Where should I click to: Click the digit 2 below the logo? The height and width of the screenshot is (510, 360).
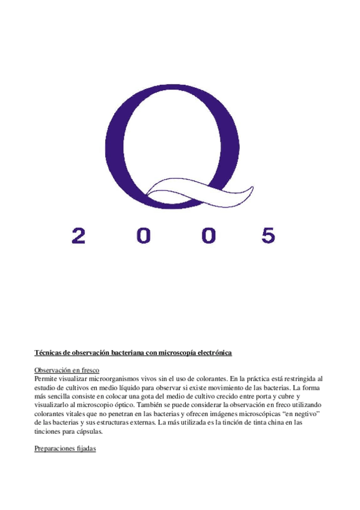(x=79, y=235)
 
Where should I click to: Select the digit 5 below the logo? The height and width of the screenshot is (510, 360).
(x=268, y=235)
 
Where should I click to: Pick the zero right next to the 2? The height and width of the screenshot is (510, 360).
(x=144, y=235)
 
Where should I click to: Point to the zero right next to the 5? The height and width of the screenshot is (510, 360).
(x=208, y=235)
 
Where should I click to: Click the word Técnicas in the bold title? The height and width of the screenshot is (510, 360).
(x=49, y=352)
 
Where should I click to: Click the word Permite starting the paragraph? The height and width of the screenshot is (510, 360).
(x=46, y=379)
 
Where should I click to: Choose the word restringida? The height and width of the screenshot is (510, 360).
(x=296, y=379)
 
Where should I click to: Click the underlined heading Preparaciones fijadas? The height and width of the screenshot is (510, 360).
(x=66, y=449)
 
